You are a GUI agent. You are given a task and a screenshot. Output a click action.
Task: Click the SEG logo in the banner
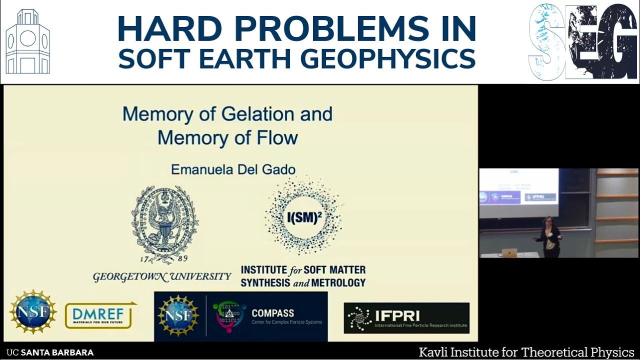[583, 42]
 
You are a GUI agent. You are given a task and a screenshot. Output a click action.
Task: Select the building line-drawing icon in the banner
[28, 42]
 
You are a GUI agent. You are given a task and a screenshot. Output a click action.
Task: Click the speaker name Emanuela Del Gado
[233, 169]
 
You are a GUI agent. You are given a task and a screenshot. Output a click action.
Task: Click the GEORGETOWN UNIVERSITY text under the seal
[162, 276]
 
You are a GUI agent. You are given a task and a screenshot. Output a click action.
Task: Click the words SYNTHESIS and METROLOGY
[303, 282]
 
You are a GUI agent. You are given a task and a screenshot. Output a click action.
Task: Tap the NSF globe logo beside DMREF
[33, 312]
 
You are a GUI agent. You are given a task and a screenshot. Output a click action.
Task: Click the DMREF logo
[99, 315]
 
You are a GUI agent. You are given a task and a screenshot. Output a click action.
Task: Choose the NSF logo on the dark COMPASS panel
[178, 315]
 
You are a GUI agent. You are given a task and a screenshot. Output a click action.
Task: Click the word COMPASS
[272, 313]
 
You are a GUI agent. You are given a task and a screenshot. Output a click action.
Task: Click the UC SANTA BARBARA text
[50, 352]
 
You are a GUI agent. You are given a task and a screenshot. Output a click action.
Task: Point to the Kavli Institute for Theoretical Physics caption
[526, 352]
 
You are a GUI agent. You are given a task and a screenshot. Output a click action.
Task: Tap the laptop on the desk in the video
[509, 252]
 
